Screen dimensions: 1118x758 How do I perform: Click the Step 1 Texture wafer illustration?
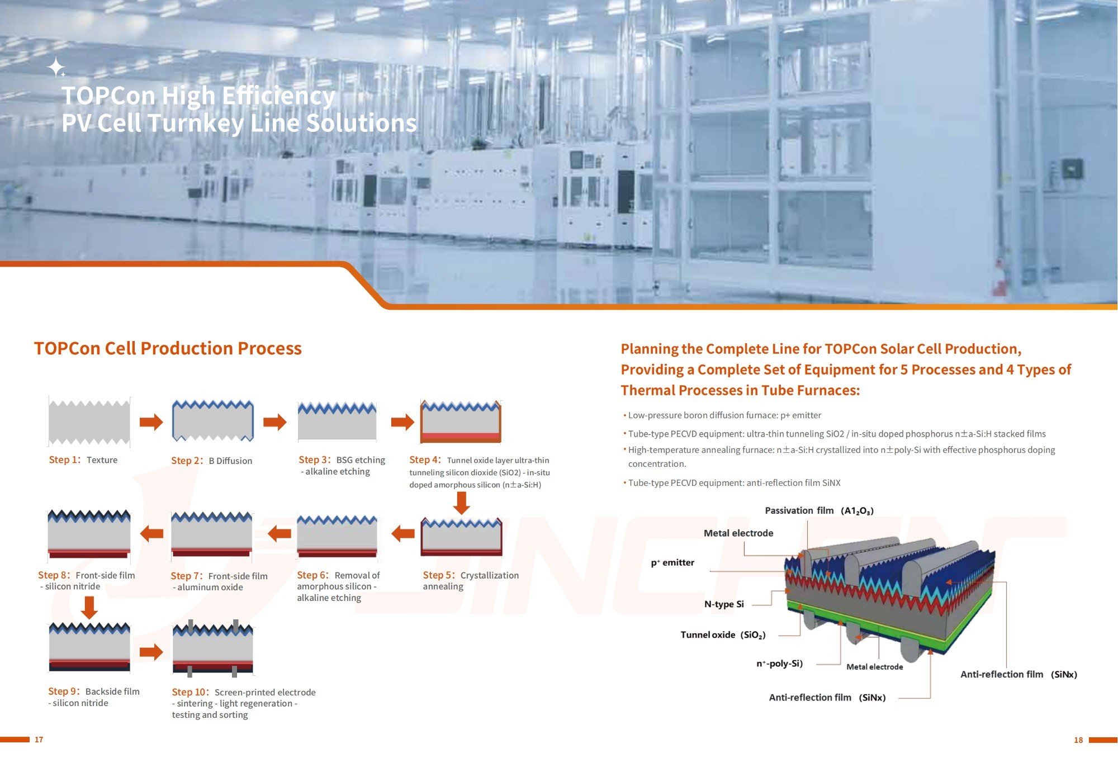[x=89, y=423]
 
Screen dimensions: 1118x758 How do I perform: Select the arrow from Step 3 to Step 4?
[x=402, y=422]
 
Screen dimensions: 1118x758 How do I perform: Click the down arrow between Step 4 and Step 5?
[x=461, y=502]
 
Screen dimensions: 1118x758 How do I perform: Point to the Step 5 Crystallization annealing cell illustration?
[x=461, y=537]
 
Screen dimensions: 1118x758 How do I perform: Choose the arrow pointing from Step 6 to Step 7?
[x=279, y=533]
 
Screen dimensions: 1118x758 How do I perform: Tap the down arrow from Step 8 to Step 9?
[x=89, y=608]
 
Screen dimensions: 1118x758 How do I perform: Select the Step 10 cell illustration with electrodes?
[x=213, y=648]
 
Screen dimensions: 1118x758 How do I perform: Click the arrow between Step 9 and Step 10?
[x=151, y=652]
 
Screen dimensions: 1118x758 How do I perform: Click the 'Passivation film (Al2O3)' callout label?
[x=819, y=510]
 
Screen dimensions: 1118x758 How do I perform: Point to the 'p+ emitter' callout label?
[x=672, y=562]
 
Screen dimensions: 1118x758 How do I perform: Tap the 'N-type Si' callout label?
[x=724, y=604]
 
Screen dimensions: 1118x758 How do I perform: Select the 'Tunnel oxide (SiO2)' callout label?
[x=723, y=634]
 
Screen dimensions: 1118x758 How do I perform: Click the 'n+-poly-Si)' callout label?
[x=779, y=664]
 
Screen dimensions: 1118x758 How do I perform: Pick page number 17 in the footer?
[x=39, y=740]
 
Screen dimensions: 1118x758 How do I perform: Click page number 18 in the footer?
[x=1078, y=740]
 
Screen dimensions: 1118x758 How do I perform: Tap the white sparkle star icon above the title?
[x=56, y=67]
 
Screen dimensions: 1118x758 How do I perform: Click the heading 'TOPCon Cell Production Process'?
[x=168, y=348]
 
